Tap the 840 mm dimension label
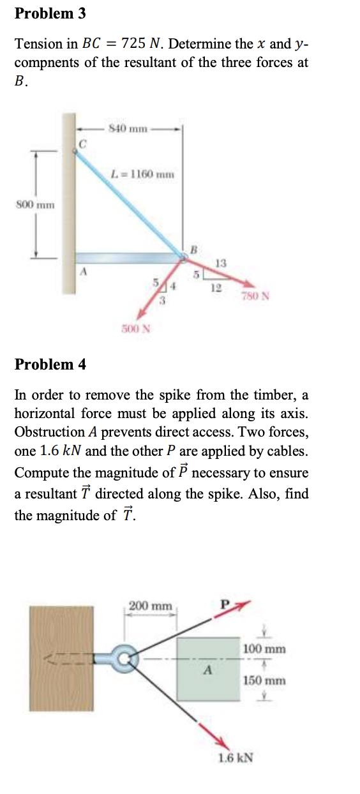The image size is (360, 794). [128, 130]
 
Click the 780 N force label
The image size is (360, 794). [256, 296]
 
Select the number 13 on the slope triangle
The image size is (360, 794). [221, 263]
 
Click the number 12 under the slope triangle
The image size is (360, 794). [216, 288]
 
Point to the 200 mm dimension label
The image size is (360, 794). [151, 604]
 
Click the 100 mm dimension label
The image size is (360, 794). [265, 649]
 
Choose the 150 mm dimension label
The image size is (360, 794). [265, 680]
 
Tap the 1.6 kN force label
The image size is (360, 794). [235, 758]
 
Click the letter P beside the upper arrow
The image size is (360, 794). [223, 602]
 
